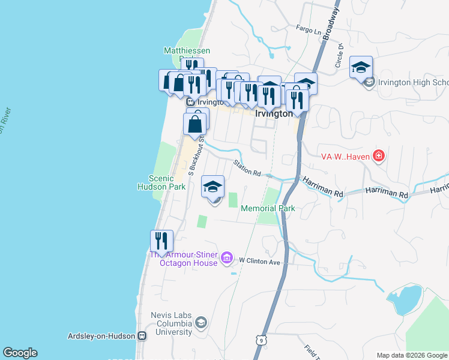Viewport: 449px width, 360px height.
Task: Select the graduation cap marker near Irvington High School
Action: (361, 67)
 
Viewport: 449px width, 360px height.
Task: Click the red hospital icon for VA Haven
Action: (378, 157)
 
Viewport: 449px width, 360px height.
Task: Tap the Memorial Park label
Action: (268, 209)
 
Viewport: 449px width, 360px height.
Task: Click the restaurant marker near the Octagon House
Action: (161, 241)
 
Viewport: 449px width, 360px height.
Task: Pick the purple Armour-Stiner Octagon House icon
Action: (226, 259)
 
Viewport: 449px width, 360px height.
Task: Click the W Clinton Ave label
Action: (259, 261)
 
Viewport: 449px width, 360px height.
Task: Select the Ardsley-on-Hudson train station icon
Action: (142, 336)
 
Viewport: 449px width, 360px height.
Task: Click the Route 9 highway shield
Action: (260, 340)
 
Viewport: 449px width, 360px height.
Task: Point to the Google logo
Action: (20, 353)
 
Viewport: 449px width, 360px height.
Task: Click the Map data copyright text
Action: (412, 355)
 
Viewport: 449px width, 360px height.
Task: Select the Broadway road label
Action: (330, 24)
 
